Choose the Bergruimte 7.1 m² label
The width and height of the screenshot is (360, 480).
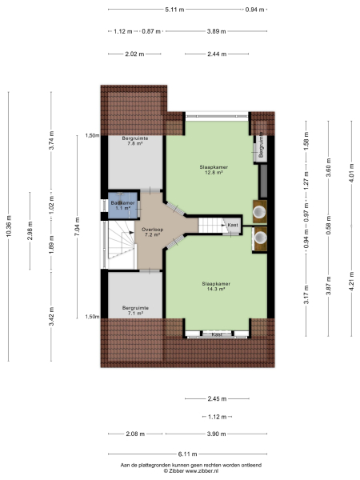click(132, 311)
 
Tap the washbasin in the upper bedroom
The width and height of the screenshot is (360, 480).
click(260, 211)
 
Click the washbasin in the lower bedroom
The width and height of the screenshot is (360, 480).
click(260, 237)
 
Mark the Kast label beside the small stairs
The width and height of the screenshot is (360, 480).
click(232, 226)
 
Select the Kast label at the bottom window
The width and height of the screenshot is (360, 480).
click(216, 334)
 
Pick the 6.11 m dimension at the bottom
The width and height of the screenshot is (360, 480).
click(174, 454)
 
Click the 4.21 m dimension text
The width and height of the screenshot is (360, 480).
click(349, 285)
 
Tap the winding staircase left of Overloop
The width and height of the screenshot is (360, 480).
click(120, 244)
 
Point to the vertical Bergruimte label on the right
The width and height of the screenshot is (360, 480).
click(261, 148)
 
